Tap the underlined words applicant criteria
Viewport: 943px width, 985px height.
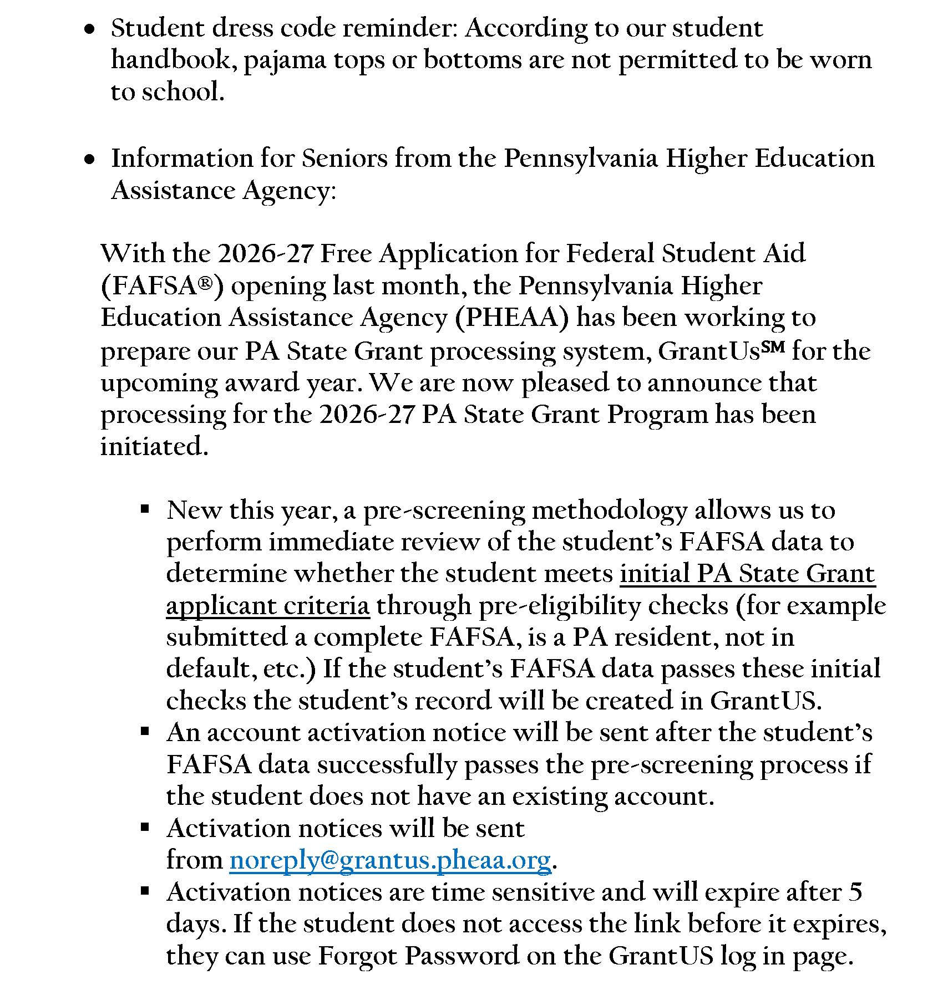[x=268, y=606]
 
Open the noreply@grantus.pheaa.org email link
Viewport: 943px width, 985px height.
[x=390, y=860]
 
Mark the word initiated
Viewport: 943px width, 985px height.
[x=154, y=446]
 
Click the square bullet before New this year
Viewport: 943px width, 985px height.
[x=145, y=509]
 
